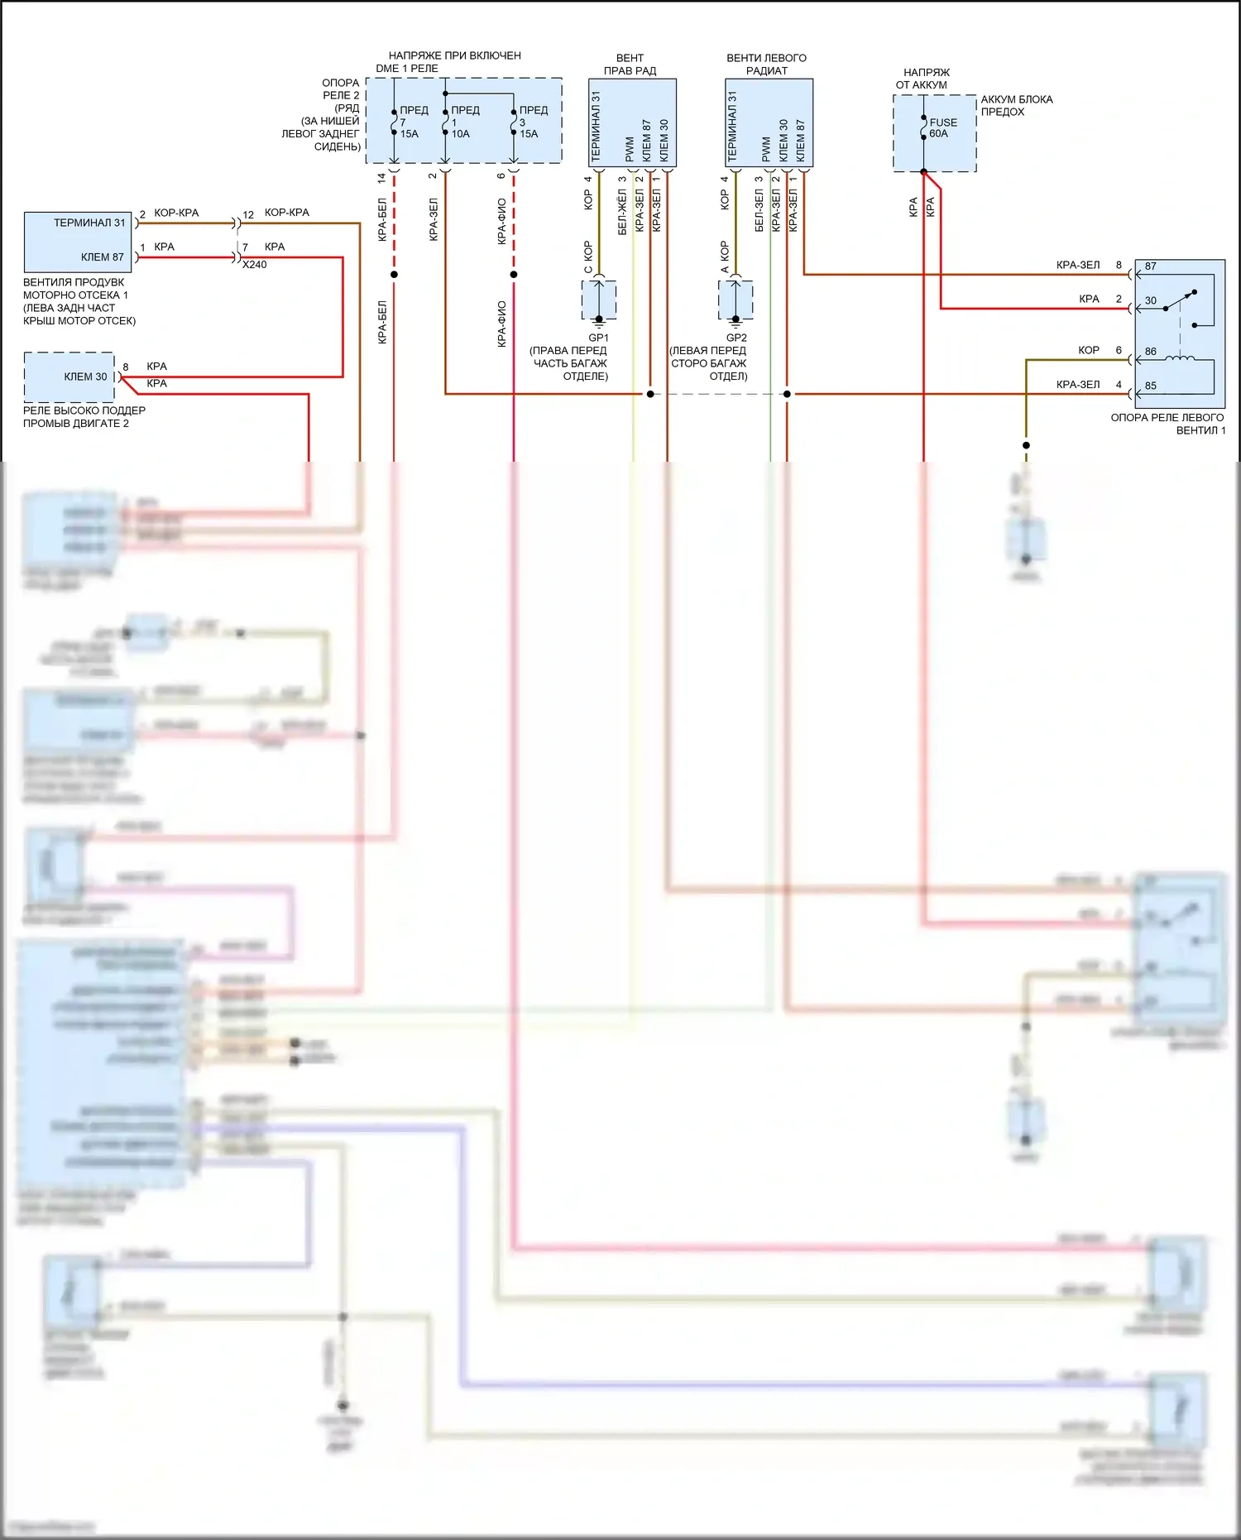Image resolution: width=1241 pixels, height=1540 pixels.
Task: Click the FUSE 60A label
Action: coord(942,127)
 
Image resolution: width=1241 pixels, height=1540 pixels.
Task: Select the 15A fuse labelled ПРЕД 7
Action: coord(395,122)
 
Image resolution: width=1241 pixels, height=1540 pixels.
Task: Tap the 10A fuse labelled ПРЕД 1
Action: coord(446,122)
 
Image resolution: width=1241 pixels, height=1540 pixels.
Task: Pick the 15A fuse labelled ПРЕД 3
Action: coord(514,122)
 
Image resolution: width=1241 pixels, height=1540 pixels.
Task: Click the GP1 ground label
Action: coord(598,338)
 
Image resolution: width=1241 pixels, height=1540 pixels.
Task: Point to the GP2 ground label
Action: coord(736,338)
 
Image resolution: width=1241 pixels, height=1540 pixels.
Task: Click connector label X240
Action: coord(254,265)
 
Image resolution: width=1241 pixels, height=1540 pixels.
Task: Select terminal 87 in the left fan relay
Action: coord(1151,266)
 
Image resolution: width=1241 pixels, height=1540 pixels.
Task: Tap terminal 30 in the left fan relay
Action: coord(1151,301)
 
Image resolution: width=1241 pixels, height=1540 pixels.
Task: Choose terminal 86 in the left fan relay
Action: coord(1151,352)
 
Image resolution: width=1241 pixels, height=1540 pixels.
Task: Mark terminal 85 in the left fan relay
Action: coord(1151,386)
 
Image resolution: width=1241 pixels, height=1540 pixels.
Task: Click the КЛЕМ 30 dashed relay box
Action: coord(69,377)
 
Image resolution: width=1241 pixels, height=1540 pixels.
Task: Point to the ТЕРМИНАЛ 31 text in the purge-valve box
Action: coord(89,223)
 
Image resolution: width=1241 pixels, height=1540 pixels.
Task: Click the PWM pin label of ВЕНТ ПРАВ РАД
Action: coord(630,149)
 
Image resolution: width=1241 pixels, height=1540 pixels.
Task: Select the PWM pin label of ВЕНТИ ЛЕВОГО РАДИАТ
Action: coord(766,149)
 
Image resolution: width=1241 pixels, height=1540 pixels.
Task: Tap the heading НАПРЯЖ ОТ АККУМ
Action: coord(925,79)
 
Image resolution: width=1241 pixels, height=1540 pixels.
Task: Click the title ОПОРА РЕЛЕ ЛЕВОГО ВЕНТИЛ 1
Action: coord(1167,424)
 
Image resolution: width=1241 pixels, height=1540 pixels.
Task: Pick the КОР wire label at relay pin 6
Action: coord(1088,351)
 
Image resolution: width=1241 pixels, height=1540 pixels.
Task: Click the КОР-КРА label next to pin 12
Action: coord(286,213)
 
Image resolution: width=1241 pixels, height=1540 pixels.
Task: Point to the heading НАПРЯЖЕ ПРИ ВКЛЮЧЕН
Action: coord(454,55)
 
